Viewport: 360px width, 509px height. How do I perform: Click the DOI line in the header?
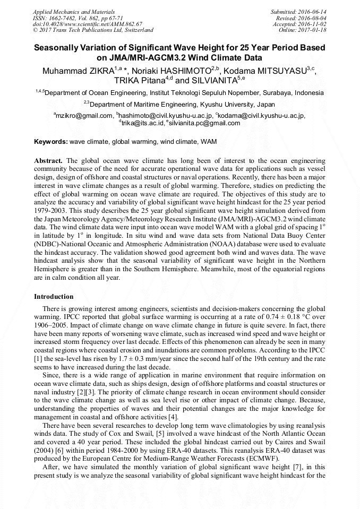point(88,24)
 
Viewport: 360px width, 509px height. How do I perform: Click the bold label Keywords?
point(51,142)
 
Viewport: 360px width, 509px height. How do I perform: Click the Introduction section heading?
point(54,297)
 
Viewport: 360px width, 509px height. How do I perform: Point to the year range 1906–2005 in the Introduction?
point(52,323)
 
